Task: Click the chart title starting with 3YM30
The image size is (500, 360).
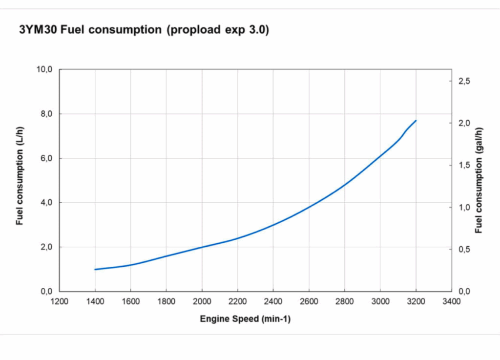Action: (x=144, y=30)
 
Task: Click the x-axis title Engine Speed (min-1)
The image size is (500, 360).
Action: (x=245, y=319)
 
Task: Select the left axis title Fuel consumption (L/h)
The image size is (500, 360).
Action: (x=20, y=176)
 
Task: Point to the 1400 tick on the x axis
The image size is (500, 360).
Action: (x=95, y=301)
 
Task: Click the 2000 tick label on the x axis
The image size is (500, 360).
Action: (x=202, y=301)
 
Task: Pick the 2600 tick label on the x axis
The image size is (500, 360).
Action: (x=309, y=301)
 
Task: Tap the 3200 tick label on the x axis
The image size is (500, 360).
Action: (x=416, y=301)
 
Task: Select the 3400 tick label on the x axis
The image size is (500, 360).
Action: (x=451, y=301)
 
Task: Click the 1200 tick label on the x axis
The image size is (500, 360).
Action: (x=60, y=301)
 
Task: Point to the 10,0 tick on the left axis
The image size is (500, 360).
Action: (x=44, y=69)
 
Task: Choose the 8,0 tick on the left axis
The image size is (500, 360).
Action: (x=46, y=114)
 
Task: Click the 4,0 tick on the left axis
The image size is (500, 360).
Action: (x=46, y=202)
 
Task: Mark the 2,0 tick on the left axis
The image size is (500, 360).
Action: (x=46, y=247)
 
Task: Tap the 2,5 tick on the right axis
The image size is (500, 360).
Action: (x=463, y=81)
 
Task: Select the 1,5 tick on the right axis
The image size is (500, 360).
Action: (x=463, y=165)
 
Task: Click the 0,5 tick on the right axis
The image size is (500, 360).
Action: (x=463, y=249)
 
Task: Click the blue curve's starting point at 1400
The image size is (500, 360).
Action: (x=95, y=269)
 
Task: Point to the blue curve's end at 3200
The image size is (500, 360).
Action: (x=416, y=121)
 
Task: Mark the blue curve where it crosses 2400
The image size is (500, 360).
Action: (x=273, y=225)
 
